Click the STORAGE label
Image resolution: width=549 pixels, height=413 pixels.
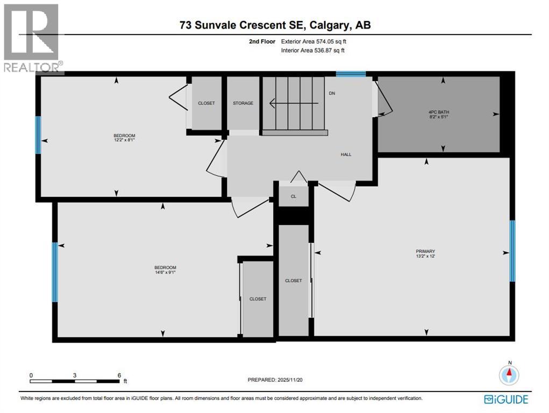tap(243, 103)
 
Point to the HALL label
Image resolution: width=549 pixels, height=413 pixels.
tap(346, 154)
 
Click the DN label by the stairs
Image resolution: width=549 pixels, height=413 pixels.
tap(332, 93)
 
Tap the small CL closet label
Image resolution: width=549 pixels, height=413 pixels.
tap(294, 197)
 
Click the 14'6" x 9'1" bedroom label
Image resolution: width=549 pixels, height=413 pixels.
tap(165, 270)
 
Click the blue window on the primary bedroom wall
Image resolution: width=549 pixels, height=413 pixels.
tap(512, 251)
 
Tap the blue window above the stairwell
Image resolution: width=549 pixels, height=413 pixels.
tap(351, 74)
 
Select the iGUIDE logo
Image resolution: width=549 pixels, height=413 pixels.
tap(506, 399)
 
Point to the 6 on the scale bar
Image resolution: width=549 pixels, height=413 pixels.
tap(119, 375)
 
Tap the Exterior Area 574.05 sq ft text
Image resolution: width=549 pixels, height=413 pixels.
tap(317, 41)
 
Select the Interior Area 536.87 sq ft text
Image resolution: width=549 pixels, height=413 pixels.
tap(312, 51)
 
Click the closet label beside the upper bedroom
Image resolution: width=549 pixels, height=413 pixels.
tap(207, 103)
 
